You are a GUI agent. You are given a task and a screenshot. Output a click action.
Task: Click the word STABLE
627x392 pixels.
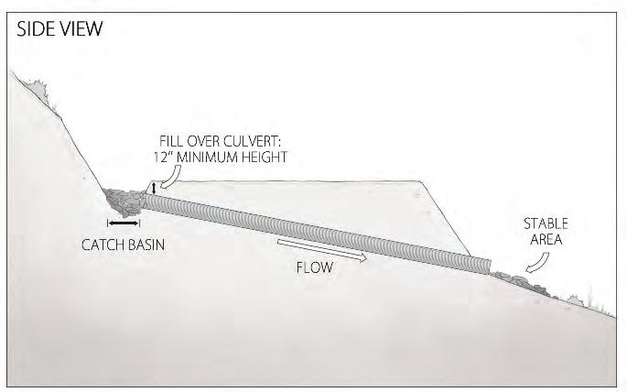point(546,223)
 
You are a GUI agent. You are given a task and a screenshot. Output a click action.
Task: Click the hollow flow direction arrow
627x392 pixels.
point(324,251)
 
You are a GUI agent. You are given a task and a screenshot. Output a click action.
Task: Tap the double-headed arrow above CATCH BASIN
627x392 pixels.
point(123,223)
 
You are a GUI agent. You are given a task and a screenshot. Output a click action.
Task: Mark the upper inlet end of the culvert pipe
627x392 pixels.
point(148,202)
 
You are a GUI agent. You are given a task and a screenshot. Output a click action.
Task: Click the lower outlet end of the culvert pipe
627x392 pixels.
point(487,266)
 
